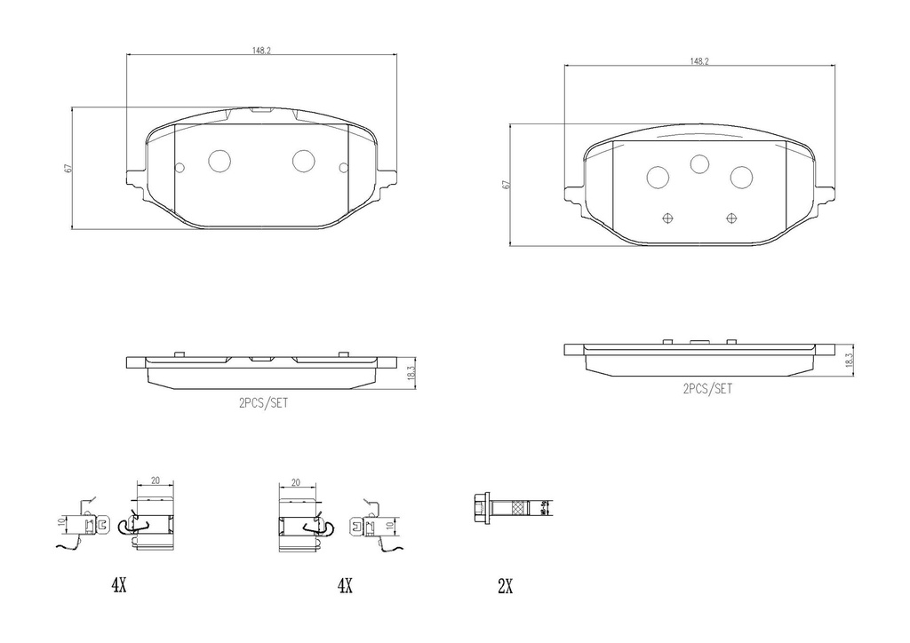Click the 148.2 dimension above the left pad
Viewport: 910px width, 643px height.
(261, 51)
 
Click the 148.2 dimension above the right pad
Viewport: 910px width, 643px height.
(699, 61)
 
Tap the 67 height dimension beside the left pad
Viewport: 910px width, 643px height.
(68, 168)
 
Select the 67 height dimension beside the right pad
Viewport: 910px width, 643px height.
(505, 185)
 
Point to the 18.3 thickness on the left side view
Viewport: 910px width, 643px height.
(411, 373)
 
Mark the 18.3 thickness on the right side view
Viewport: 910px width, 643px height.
(850, 359)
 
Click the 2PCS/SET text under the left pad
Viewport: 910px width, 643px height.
(263, 401)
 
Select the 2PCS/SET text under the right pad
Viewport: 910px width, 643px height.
(707, 389)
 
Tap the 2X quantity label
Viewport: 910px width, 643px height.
(505, 586)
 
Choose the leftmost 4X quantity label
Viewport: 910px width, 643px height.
(119, 585)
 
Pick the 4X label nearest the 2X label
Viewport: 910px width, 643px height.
(345, 586)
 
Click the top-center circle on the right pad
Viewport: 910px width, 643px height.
(699, 163)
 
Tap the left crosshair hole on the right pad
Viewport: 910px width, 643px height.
(669, 218)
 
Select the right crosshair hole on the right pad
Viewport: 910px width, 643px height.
(731, 218)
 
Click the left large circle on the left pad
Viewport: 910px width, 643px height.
(219, 161)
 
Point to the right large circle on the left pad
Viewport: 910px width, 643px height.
(304, 161)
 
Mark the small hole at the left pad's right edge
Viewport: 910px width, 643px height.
(344, 167)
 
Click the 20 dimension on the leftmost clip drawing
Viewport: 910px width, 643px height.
(156, 480)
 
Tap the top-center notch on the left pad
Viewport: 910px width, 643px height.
(261, 110)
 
